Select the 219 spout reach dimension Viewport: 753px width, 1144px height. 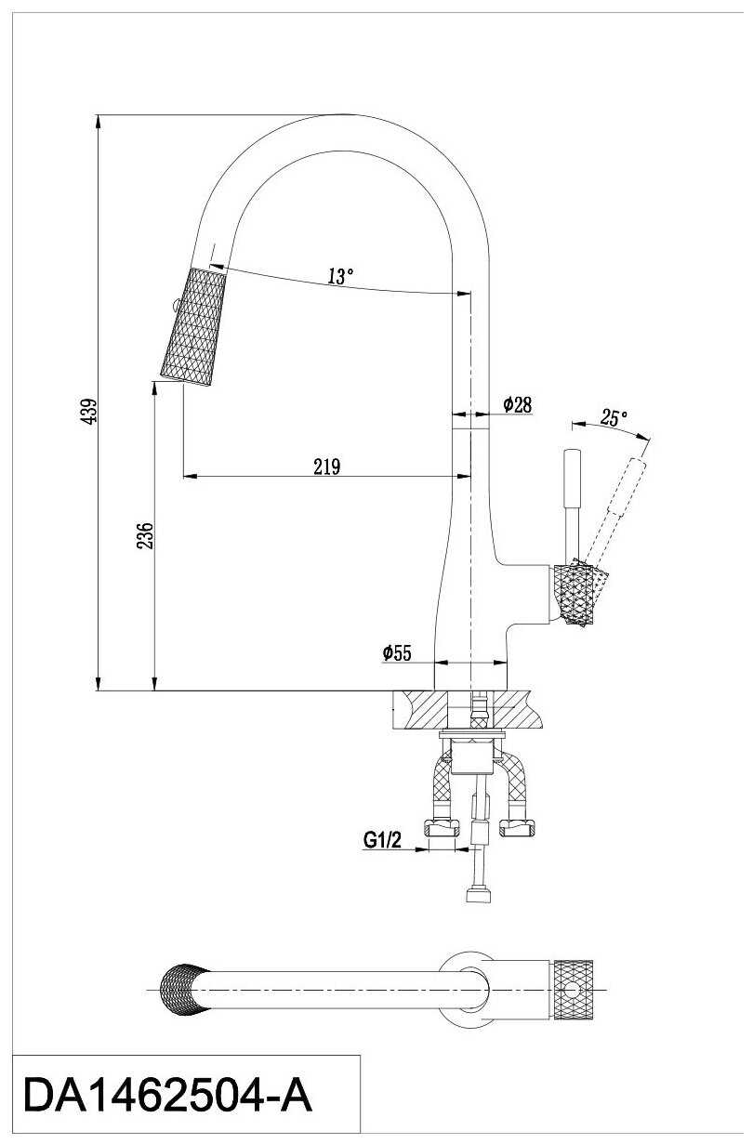[x=326, y=467]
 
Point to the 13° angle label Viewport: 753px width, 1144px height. [x=340, y=276]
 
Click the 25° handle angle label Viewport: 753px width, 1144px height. [x=613, y=418]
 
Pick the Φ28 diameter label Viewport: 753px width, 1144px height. [x=517, y=404]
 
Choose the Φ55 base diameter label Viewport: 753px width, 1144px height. [x=396, y=652]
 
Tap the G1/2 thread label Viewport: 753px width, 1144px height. [x=382, y=841]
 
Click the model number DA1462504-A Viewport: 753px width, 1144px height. [x=167, y=1096]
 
